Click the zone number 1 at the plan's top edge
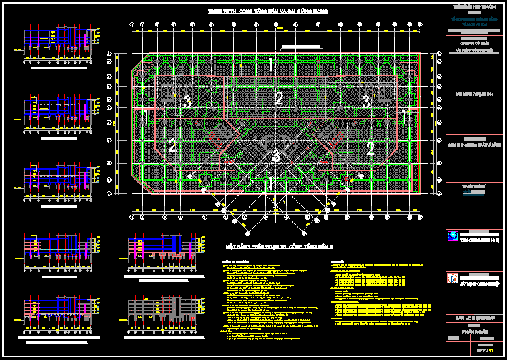click(x=271, y=64)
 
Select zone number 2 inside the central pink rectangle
click(x=279, y=99)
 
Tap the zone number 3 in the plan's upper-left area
click(x=187, y=102)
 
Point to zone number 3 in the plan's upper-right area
click(x=365, y=102)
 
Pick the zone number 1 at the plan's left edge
click(x=147, y=117)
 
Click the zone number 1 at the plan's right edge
click(x=404, y=116)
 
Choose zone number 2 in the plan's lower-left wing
click(x=172, y=146)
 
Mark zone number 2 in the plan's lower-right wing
click(x=370, y=149)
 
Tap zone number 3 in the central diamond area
click(x=275, y=156)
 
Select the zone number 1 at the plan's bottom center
click(x=272, y=185)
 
